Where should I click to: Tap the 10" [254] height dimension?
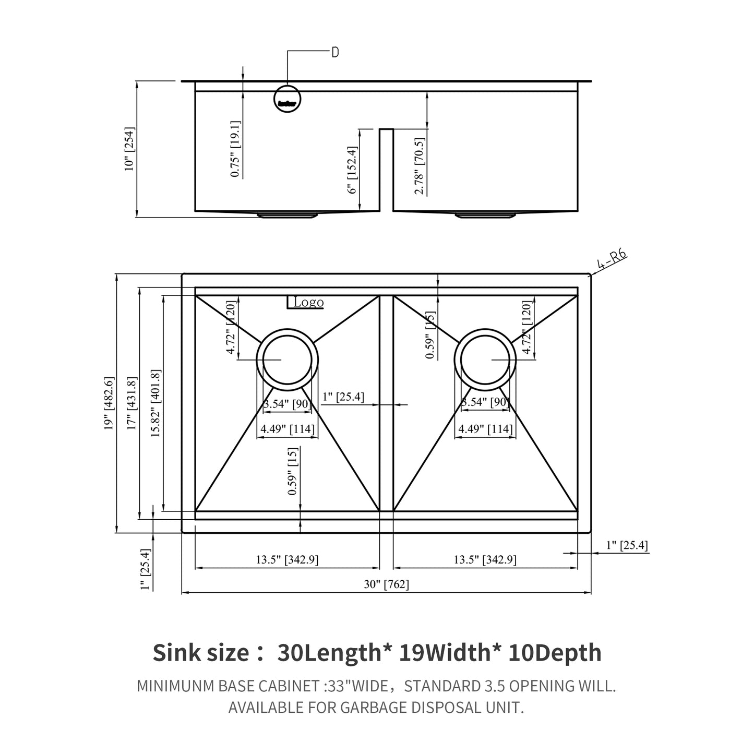point(129,149)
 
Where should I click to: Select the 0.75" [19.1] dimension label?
point(235,149)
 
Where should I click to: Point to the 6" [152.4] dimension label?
point(353,171)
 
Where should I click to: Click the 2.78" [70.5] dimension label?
point(420,166)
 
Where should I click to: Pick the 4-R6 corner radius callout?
point(612,259)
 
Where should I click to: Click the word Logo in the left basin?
point(308,302)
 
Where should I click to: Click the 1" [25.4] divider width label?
point(343,397)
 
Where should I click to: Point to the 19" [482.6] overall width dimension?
point(109,403)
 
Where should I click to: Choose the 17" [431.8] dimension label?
point(131,403)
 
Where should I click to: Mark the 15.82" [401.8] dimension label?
point(155,403)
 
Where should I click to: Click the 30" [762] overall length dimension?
point(386,584)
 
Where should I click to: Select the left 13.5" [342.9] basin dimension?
point(287,560)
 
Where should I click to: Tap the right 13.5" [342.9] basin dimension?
point(485,560)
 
